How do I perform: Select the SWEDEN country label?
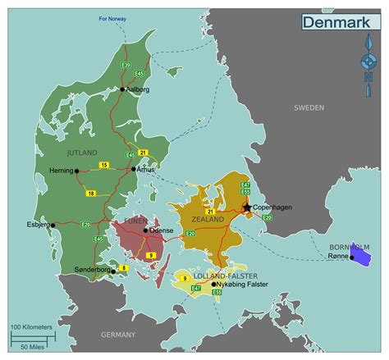(x=309, y=107)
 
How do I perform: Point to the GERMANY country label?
(x=118, y=335)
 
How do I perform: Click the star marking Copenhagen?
(x=247, y=207)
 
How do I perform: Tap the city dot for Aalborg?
(x=122, y=89)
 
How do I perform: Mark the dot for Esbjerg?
(x=53, y=224)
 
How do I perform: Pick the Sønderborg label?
(x=91, y=269)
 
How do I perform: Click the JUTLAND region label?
(x=82, y=153)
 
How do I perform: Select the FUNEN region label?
(x=135, y=221)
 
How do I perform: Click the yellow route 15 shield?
(x=104, y=165)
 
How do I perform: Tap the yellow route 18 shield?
(x=90, y=193)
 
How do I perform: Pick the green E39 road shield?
(x=126, y=63)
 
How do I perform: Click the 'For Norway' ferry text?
(x=113, y=17)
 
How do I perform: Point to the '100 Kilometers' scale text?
(x=32, y=326)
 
